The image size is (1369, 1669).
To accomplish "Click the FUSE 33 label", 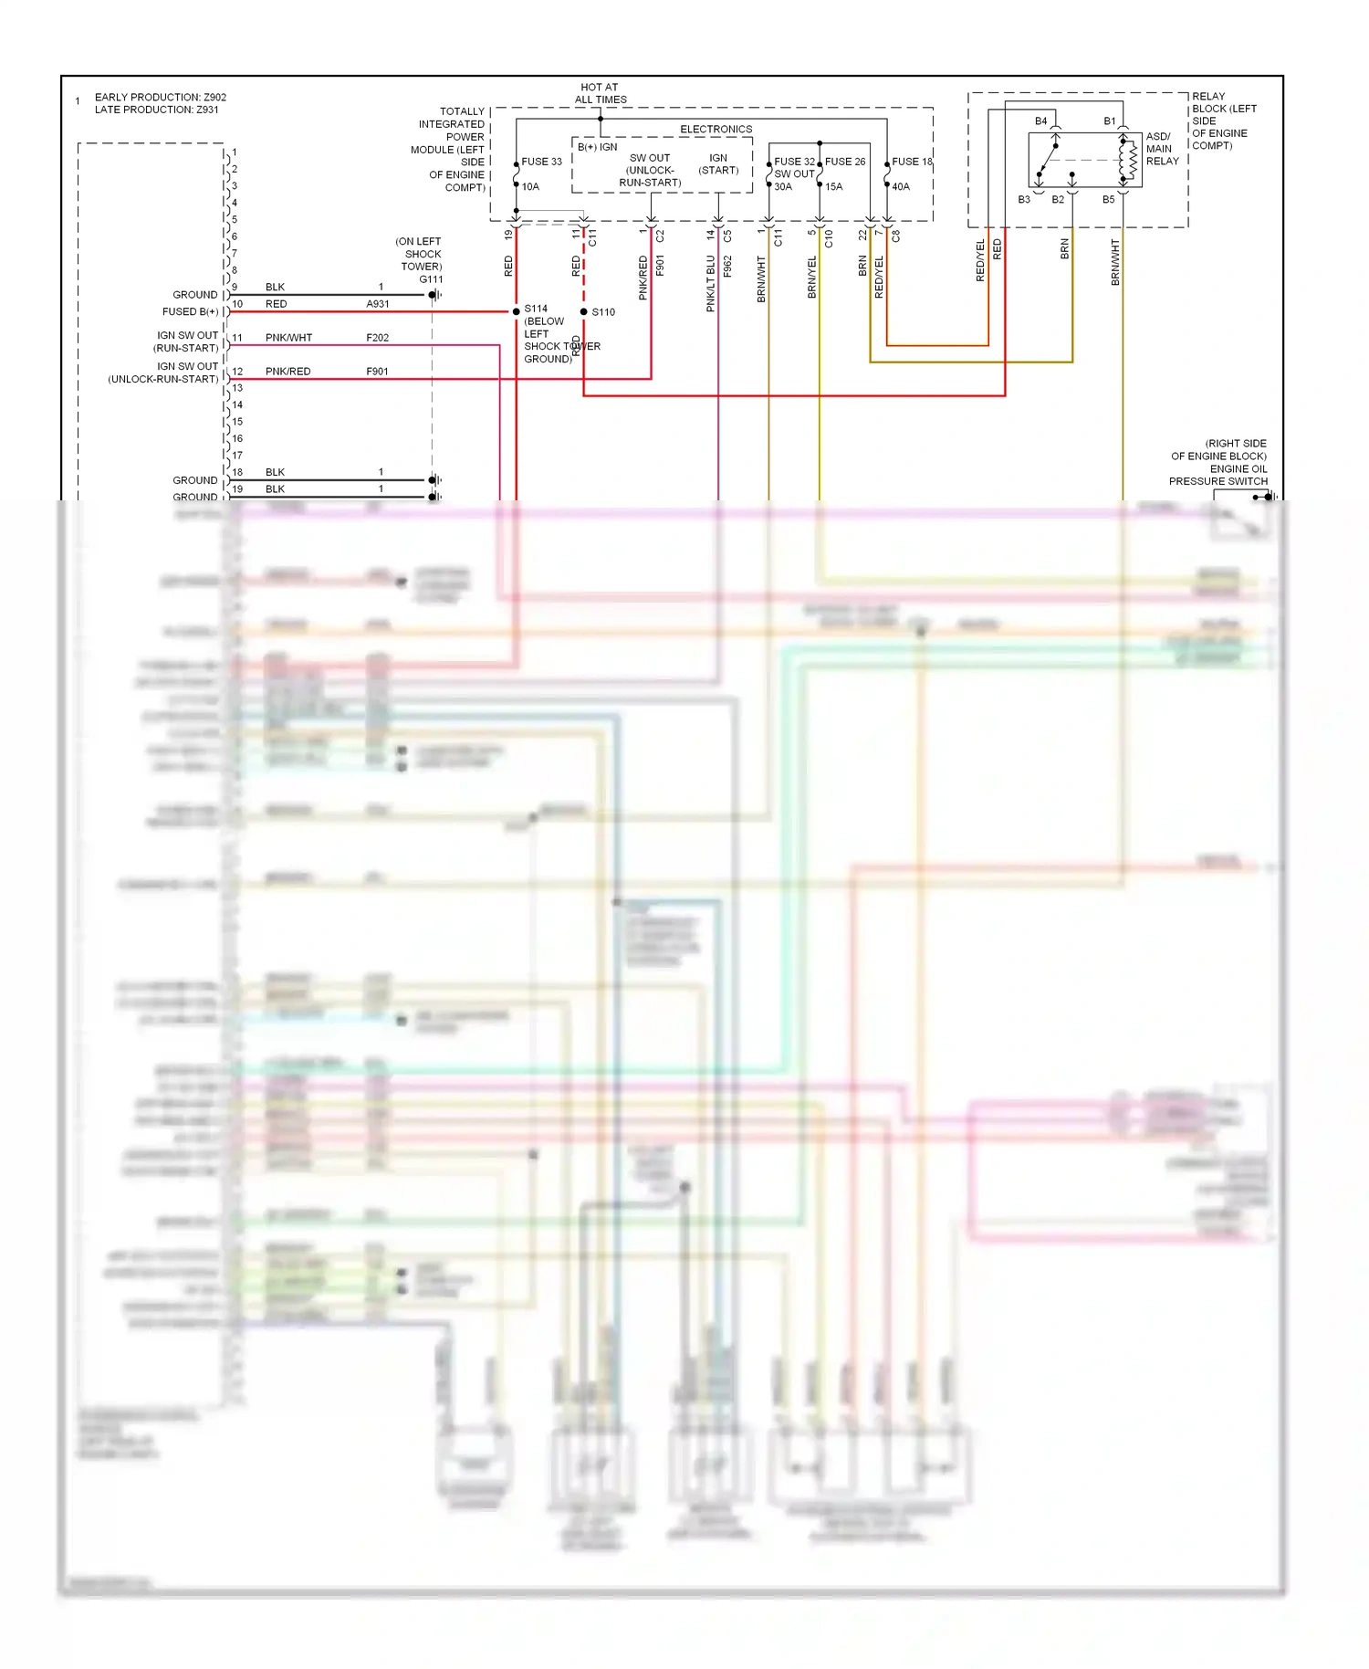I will tap(541, 162).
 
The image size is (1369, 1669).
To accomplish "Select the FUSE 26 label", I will tap(845, 162).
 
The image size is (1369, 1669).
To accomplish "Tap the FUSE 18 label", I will tap(912, 162).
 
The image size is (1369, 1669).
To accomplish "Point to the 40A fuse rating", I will tap(901, 186).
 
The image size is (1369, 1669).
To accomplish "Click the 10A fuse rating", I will tap(530, 186).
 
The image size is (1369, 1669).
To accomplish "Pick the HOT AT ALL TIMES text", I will tap(600, 94).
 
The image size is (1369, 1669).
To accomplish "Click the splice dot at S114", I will tap(517, 311).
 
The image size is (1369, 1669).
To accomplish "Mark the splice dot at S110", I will tap(584, 311).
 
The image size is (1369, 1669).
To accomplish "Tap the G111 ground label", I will tap(431, 279).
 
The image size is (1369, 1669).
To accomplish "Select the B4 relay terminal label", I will tap(1040, 121).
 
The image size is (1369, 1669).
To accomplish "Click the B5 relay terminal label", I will tap(1108, 199).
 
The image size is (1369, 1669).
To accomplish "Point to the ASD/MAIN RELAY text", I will tap(1162, 149).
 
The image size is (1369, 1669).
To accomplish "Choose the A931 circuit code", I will tap(378, 304).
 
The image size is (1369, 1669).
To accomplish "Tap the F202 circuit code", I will tap(378, 338).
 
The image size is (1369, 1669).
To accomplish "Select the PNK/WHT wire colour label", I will tap(288, 338).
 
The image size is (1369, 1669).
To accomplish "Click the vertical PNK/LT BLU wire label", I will tap(710, 283).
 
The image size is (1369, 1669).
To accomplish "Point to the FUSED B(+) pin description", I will tap(190, 311).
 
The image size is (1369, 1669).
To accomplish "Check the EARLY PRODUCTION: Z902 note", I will tap(161, 97).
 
